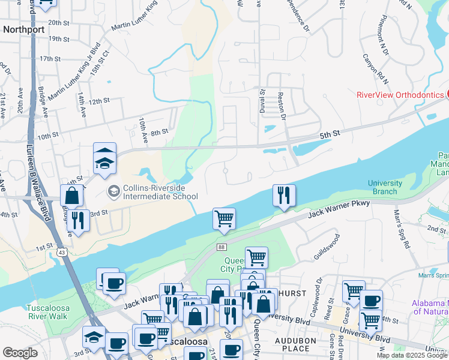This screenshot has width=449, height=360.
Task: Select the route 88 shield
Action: click(x=222, y=247)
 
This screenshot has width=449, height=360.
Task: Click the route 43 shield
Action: click(x=62, y=238)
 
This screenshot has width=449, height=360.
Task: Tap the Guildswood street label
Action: click(x=327, y=247)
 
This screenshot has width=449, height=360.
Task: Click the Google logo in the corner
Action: click(x=20, y=353)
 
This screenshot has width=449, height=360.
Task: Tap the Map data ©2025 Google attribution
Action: click(x=412, y=355)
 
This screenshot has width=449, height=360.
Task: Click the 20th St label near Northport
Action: click(x=59, y=23)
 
